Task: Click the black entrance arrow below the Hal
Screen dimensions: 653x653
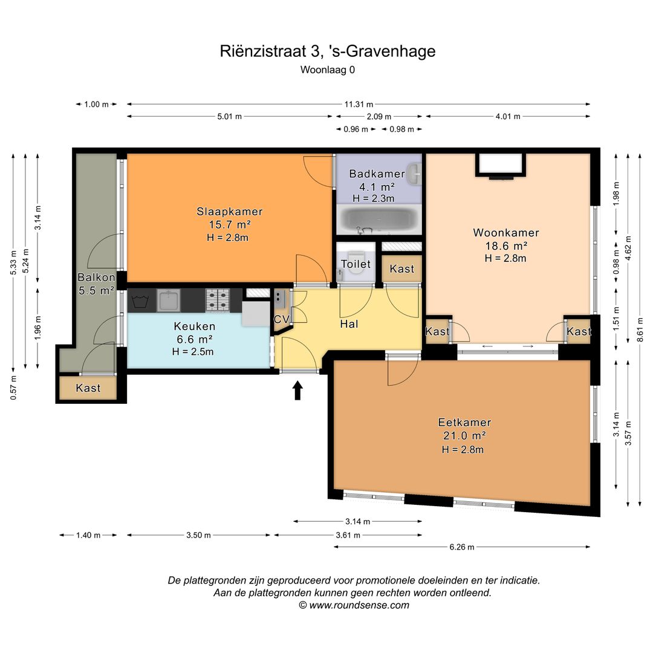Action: tap(297, 390)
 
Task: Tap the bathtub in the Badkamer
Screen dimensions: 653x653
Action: tap(379, 219)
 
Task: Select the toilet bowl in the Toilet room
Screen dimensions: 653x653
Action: tap(356, 261)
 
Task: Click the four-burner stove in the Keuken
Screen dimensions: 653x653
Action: tap(218, 301)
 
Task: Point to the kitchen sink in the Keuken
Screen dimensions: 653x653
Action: tap(168, 301)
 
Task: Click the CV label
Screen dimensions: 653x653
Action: tap(282, 319)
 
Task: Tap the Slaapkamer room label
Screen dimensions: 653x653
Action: tap(230, 212)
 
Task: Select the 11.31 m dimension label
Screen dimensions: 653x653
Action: tap(359, 104)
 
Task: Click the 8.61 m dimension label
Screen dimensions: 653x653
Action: tap(640, 330)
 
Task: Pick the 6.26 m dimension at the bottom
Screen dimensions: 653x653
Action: tap(462, 547)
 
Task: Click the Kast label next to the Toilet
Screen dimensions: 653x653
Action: tap(402, 269)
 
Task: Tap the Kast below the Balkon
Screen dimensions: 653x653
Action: tap(88, 388)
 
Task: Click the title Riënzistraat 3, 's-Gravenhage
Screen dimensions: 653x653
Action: tap(327, 51)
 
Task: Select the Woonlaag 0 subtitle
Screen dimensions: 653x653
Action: tap(328, 70)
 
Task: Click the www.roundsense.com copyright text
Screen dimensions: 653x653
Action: tap(354, 605)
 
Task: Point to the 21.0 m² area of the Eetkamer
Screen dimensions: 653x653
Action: tap(464, 435)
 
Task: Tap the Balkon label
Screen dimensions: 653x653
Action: tap(96, 278)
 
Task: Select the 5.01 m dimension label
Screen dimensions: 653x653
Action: tap(230, 117)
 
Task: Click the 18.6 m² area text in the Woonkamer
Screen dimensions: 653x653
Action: tap(507, 245)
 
